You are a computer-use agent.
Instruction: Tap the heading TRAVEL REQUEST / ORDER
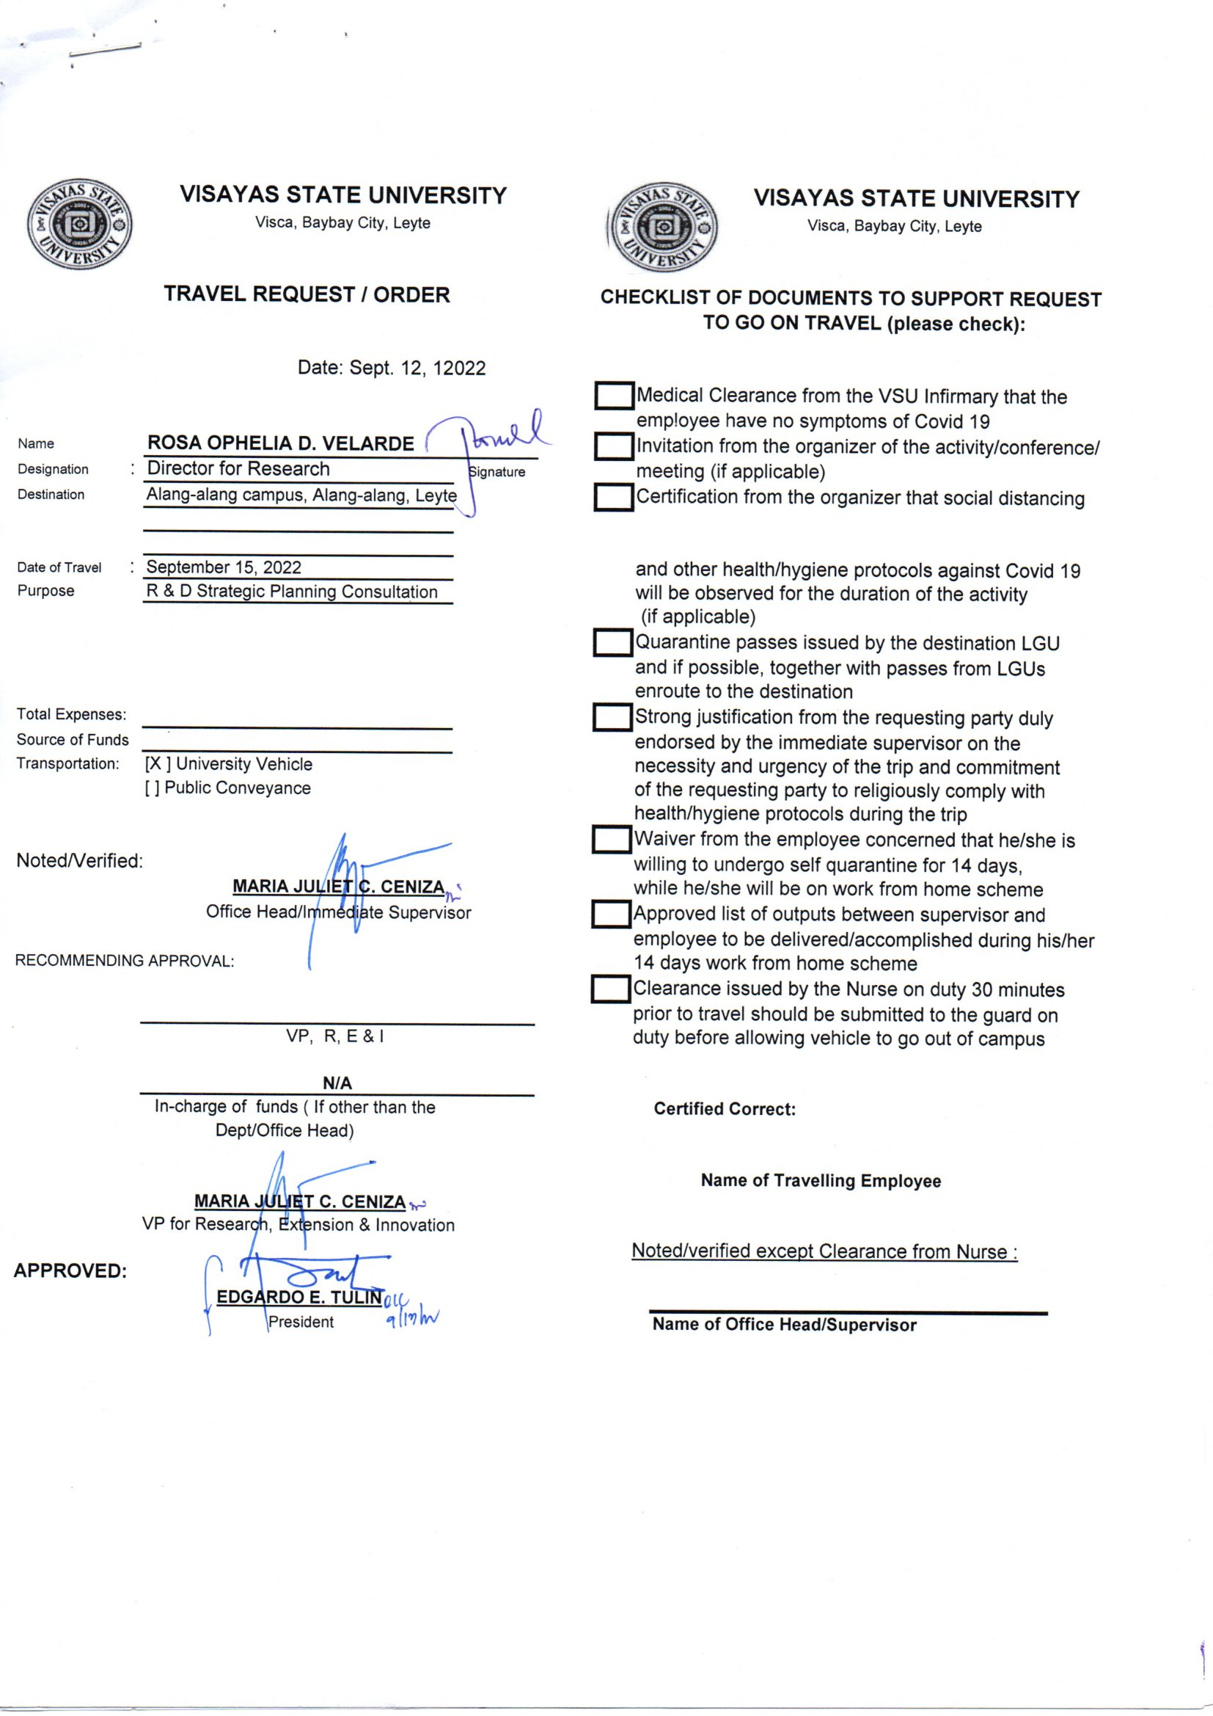click(x=307, y=294)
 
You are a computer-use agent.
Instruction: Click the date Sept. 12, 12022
click(x=392, y=368)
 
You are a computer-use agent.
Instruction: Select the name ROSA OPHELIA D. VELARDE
click(x=280, y=443)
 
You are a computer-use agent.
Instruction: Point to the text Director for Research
click(x=238, y=468)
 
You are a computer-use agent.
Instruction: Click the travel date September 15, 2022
click(x=224, y=567)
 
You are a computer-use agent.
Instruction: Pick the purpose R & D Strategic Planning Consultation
click(x=291, y=591)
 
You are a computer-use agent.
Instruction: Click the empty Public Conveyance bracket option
click(x=152, y=788)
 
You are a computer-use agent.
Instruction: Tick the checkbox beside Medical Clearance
click(x=614, y=396)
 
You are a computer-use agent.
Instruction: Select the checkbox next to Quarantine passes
click(x=612, y=643)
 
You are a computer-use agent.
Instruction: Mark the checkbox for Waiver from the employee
click(x=612, y=840)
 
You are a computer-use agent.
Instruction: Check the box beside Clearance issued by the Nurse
click(x=611, y=989)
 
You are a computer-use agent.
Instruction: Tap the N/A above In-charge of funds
click(x=337, y=1083)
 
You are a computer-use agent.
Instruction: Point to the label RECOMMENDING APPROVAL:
click(x=125, y=961)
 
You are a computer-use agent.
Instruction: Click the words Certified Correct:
click(x=725, y=1109)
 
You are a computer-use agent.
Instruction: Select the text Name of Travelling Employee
click(x=820, y=1181)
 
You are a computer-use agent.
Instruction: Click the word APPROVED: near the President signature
click(x=70, y=1270)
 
